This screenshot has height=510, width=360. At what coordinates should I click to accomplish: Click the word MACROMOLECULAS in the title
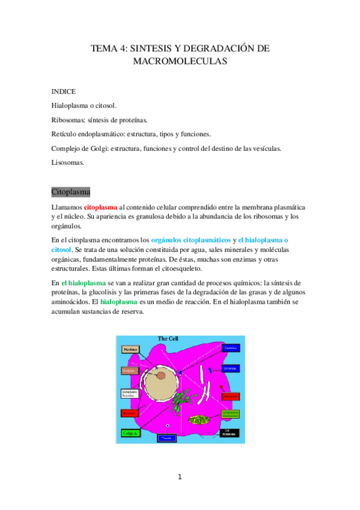(x=180, y=61)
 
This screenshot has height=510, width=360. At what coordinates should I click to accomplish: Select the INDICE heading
(x=64, y=91)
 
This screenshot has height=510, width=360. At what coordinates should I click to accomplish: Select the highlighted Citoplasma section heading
(x=71, y=192)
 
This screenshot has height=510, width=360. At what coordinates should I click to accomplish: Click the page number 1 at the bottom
(x=179, y=478)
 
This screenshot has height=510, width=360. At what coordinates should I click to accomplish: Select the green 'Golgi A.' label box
(x=130, y=432)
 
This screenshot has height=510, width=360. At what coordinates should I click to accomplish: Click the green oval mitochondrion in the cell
(x=200, y=419)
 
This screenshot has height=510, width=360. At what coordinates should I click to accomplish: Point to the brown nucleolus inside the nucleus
(x=162, y=376)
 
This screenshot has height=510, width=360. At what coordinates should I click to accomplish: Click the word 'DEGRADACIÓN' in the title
(x=226, y=48)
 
